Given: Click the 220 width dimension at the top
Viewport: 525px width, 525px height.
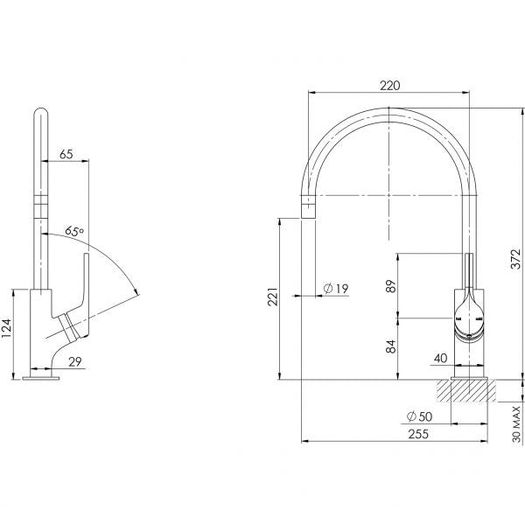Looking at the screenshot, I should pos(390,86).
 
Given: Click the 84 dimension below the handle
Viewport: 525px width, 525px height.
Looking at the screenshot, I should pos(391,346).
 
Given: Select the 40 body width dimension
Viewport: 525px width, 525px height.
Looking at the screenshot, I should pos(441,357).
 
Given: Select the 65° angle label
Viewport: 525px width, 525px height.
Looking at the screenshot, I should pos(75,232).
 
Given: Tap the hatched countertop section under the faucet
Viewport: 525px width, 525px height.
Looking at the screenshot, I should pos(472,390).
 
